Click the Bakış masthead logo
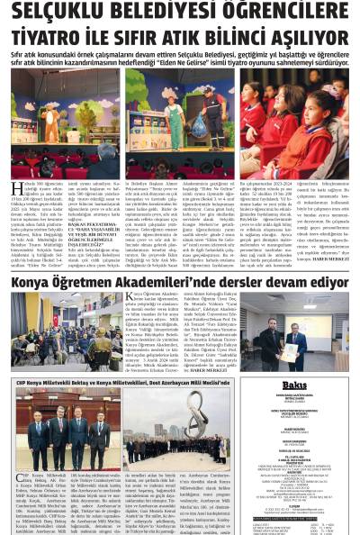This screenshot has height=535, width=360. pos(294,385)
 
